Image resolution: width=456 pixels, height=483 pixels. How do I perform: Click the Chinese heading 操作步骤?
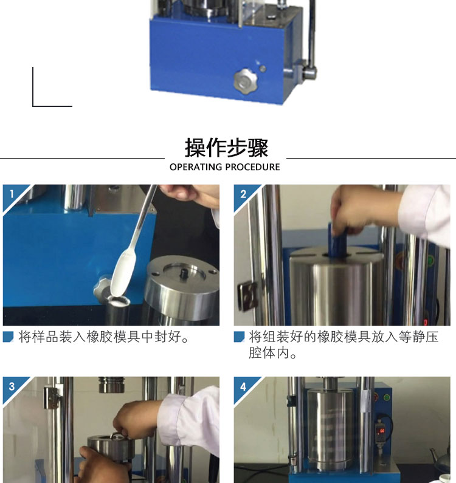pos(227,148)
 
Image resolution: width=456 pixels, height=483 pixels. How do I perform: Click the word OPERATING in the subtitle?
pos(196,167)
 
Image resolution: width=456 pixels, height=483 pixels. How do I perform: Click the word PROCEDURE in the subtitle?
pos(252,167)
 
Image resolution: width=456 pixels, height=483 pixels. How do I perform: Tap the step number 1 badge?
pos(12,194)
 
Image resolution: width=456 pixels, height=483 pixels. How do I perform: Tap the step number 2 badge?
pos(243,194)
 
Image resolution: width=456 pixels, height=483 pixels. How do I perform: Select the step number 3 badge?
pos(12,386)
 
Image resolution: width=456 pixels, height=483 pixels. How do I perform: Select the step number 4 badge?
pos(243,386)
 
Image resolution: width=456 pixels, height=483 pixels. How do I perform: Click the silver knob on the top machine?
pos(245,81)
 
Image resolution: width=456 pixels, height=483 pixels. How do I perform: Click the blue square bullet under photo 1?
pos(8,337)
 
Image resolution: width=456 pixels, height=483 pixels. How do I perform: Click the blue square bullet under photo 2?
pos(239,337)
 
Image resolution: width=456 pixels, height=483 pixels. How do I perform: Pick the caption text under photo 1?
pos(104,337)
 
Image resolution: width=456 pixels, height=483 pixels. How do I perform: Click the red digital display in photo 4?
pos(381,431)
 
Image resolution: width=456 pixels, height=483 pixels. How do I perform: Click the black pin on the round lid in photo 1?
pos(185,272)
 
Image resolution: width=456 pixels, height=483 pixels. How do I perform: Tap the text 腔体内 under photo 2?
pos(269,353)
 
